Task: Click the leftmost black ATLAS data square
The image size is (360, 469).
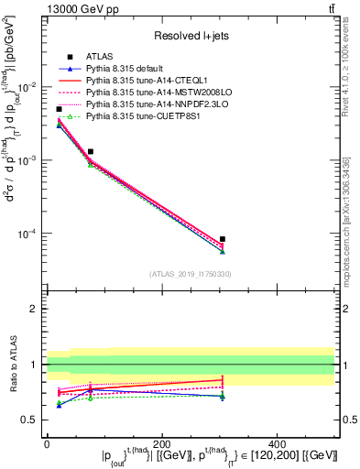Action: (x=60, y=109)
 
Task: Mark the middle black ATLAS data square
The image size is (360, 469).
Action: (x=90, y=151)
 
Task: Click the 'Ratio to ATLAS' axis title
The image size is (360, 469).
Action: (x=12, y=364)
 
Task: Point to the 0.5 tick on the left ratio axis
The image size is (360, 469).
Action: (x=31, y=420)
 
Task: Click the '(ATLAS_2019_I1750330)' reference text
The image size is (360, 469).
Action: (x=191, y=274)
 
